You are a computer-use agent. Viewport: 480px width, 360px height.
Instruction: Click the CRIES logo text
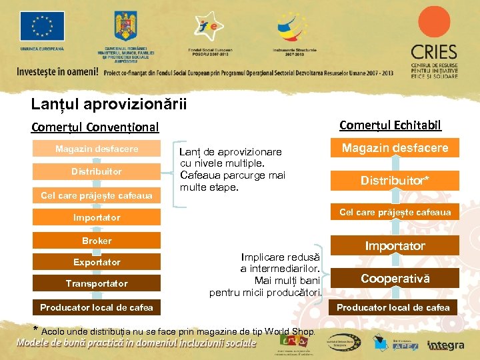[x=434, y=52]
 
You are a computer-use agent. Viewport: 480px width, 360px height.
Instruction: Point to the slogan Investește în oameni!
[x=58, y=72]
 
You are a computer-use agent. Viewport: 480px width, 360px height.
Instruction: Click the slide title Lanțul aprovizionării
[x=109, y=105]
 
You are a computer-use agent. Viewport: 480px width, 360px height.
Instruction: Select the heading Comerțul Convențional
[x=95, y=127]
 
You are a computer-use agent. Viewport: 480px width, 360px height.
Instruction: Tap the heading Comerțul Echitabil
[x=390, y=125]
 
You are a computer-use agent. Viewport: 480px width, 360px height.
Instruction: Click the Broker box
[x=97, y=241]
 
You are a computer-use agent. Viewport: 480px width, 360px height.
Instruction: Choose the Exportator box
[x=97, y=262]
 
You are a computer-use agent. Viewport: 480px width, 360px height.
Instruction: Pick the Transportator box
[x=97, y=283]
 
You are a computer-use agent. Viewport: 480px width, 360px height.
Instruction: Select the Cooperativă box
[x=395, y=279]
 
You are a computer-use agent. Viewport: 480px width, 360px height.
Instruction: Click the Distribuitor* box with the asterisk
[x=395, y=181]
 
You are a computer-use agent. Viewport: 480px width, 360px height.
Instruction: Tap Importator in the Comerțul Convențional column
[x=97, y=217]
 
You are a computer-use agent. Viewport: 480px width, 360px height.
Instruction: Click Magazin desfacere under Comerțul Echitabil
[x=395, y=148]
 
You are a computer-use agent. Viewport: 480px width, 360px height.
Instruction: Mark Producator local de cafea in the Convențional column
[x=97, y=307]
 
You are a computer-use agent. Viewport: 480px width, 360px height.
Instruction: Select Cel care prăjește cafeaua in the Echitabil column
[x=395, y=213]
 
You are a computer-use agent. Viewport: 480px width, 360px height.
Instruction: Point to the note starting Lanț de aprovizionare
[x=232, y=169]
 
